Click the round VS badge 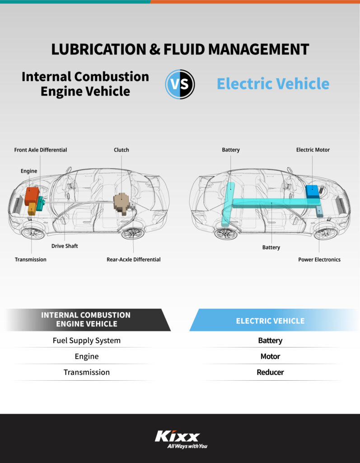pos(180,84)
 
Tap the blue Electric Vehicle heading pos(273,84)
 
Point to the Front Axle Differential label pos(41,150)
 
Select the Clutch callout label pos(121,150)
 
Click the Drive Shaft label pos(65,246)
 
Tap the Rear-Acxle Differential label pos(133,260)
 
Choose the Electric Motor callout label pos(313,150)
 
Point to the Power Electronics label pos(319,260)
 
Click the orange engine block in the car pos(31,195)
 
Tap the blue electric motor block pos(312,190)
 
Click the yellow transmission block pos(32,208)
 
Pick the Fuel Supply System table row pos(87,340)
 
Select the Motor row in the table pos(270,356)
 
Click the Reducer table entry pos(270,372)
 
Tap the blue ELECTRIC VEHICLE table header pos(270,321)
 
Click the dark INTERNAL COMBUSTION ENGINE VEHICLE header pos(86,319)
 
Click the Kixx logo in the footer pos(177,436)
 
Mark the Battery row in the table pos(270,340)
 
